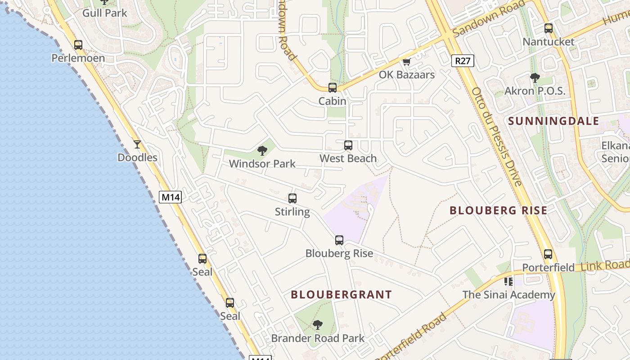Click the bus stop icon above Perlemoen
tap(78, 45)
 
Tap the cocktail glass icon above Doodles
tap(137, 144)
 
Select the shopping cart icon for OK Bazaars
tap(407, 62)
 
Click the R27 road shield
tap(463, 61)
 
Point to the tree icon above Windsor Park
tap(262, 151)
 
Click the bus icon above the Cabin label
tap(333, 88)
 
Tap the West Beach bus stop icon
tap(348, 145)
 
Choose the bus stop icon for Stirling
tap(292, 198)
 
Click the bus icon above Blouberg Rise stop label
tap(339, 240)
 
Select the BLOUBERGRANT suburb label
tap(341, 295)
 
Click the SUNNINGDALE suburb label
tap(553, 121)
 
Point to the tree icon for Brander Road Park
tap(318, 325)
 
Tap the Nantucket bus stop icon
tap(549, 28)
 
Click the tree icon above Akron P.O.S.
tap(535, 78)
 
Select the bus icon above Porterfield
tap(548, 254)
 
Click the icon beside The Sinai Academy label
tap(508, 282)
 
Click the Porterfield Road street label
tap(411, 337)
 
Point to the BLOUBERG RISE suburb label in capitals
tap(499, 210)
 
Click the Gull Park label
tap(105, 13)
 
